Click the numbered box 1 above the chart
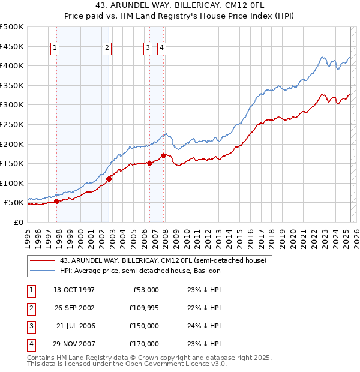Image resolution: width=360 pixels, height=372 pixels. pos(55,49)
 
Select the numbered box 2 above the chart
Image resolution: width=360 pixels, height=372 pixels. pos(107,49)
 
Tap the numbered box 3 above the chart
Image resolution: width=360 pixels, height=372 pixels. pos(148,49)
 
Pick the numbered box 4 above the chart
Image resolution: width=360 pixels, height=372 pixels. pos(162,49)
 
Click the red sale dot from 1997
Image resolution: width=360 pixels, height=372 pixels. pos(57,202)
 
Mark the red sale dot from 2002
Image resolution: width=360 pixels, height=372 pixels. pos(109,179)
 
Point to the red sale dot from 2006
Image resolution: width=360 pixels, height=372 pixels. pos(149,163)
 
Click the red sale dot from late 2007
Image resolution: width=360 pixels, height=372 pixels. pos(164,155)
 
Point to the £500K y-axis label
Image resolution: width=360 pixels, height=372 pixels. pos(12,27)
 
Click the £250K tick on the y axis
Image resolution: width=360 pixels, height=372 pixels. pos(12,124)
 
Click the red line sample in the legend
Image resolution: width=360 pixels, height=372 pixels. pos(42,260)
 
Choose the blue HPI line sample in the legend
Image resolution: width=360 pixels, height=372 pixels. pos(42,271)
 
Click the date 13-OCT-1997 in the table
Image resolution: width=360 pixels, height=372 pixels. pos(74,290)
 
